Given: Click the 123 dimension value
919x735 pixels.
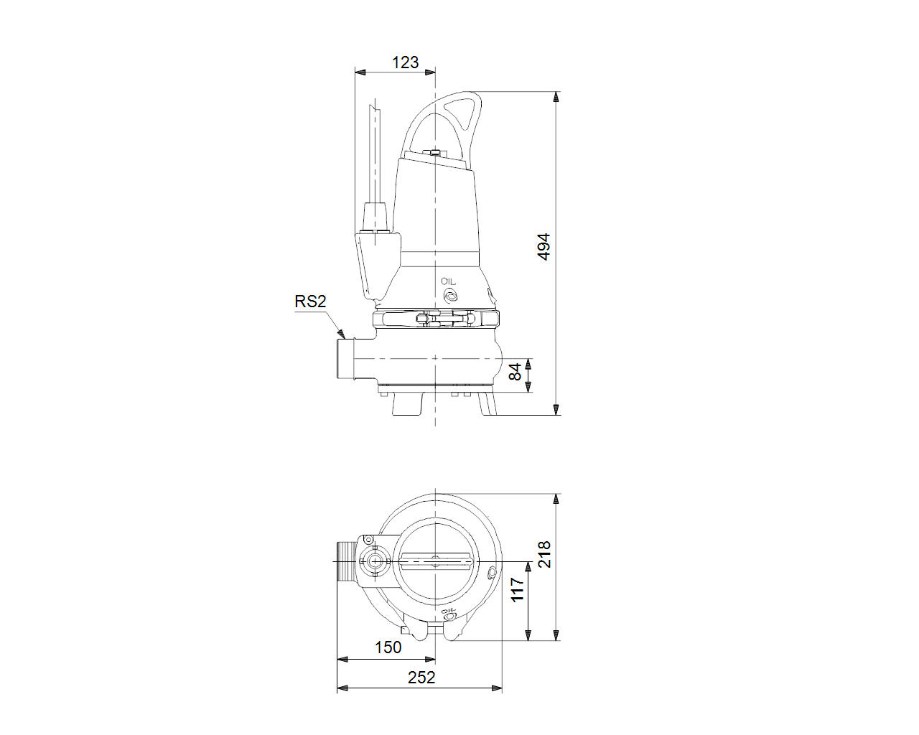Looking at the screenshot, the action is click(x=405, y=62).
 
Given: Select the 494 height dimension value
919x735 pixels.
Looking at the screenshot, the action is click(x=544, y=246).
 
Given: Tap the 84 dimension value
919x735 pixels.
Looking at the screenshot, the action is click(x=516, y=372).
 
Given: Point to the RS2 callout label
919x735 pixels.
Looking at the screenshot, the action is click(x=310, y=301).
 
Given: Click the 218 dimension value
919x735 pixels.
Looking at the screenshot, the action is click(x=544, y=554).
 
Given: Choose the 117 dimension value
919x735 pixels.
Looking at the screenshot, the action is click(x=517, y=590).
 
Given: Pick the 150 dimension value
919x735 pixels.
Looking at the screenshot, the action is click(x=388, y=647).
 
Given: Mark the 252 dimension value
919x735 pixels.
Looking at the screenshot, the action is click(x=421, y=678).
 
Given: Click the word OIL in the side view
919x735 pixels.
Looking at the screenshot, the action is click(x=449, y=281).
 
